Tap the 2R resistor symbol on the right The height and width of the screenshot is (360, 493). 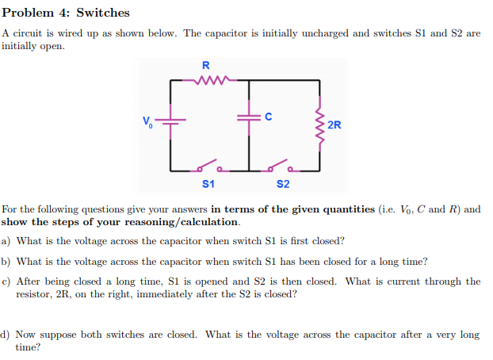pos(320,125)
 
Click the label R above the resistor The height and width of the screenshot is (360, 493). pos(206,65)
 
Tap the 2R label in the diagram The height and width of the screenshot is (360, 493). pos(334,125)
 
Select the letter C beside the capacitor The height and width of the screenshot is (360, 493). pos(268,117)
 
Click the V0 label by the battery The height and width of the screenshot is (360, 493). pos(147,121)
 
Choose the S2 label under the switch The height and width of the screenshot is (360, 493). pos(283,184)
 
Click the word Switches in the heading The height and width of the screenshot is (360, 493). pos(103,13)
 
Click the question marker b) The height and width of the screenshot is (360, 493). pos(6,261)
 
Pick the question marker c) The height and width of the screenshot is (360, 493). pos(6,281)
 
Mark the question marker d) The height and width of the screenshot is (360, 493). pos(6,335)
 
